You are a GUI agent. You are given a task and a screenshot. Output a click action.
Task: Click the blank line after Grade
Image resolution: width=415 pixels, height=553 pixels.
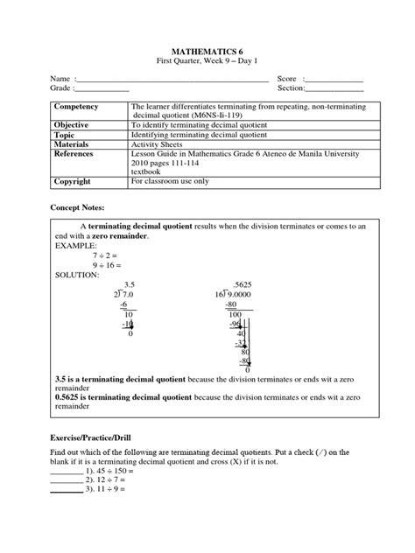click(103, 89)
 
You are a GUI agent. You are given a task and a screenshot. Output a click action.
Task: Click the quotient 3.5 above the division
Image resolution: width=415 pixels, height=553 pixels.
click(130, 285)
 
